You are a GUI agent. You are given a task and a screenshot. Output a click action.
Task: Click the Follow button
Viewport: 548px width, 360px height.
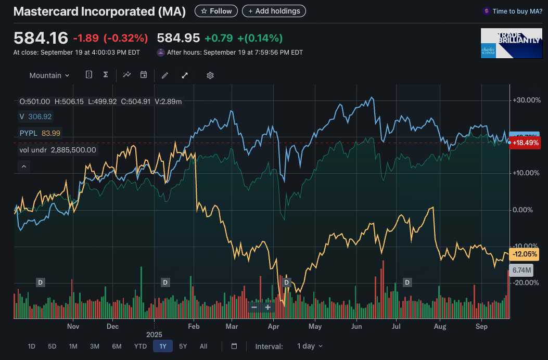click(x=216, y=11)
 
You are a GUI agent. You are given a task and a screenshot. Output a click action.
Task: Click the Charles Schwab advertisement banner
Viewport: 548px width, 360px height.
click(x=510, y=43)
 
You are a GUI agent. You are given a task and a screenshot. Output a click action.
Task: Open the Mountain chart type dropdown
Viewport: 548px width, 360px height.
click(x=49, y=75)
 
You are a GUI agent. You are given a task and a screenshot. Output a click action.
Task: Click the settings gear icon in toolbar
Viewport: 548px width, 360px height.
click(x=210, y=75)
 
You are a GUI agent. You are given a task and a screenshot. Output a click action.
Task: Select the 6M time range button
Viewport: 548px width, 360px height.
click(x=117, y=346)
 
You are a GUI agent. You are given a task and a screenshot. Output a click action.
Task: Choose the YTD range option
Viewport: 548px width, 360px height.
click(x=140, y=346)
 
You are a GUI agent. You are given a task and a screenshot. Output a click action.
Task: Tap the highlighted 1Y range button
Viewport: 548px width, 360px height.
click(x=163, y=346)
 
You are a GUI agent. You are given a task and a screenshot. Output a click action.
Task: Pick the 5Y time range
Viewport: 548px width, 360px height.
click(x=183, y=346)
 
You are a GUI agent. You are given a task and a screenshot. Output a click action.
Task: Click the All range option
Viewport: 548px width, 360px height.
click(x=203, y=346)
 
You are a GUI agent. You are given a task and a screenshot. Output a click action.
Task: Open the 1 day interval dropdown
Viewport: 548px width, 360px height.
click(x=310, y=346)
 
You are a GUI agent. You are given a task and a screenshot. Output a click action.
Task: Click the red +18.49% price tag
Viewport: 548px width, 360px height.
click(x=525, y=142)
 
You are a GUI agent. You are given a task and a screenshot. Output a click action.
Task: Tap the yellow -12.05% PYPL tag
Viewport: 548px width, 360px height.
click(x=525, y=254)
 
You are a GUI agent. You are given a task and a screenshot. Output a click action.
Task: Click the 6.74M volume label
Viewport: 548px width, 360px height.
click(x=521, y=270)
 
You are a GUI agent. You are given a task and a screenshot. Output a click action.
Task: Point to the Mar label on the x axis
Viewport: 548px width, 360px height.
click(x=232, y=327)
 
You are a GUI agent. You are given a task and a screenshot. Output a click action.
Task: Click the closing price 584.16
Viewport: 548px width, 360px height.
click(x=41, y=38)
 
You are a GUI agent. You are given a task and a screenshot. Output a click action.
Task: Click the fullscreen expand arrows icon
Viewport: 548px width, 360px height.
click(x=184, y=75)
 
